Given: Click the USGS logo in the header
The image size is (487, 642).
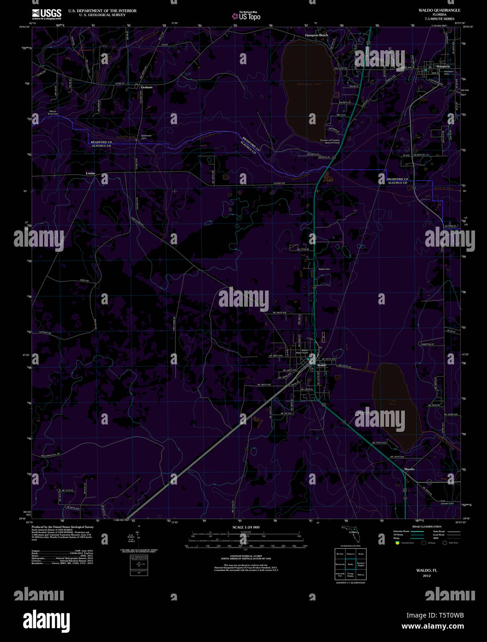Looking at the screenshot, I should click(x=47, y=13).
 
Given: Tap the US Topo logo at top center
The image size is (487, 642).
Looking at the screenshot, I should click(x=247, y=16).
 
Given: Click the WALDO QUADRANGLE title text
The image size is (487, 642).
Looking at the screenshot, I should click(x=436, y=10).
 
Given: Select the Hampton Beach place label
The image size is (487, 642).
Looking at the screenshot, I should click(x=316, y=35).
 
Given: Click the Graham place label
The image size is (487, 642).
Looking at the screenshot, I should click(x=146, y=87).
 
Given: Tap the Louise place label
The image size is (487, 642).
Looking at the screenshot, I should click(x=90, y=173).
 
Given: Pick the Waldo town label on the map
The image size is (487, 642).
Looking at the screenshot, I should click(x=321, y=365).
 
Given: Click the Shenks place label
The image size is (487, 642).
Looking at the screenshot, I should click(x=409, y=469).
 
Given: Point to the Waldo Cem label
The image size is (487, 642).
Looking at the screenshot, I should click(x=324, y=269).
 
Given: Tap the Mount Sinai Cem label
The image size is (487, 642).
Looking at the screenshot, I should click(x=53, y=113).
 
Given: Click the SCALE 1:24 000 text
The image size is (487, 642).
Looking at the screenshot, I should click(x=246, y=527).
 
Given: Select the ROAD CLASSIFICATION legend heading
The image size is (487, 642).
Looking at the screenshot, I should click(x=427, y=527).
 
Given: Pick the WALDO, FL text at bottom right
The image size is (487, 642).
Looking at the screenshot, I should click(x=423, y=570).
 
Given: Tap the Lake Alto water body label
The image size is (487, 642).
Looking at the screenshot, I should click(x=393, y=402).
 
